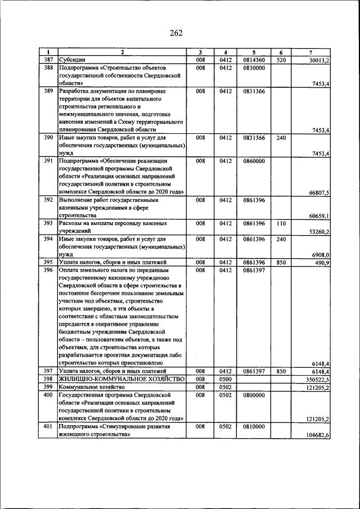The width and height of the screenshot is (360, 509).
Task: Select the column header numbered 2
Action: coord(121,53)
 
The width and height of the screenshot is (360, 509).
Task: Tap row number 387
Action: coord(48,60)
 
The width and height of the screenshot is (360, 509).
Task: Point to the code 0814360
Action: coord(254,60)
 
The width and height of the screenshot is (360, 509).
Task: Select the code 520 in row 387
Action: coord(281,60)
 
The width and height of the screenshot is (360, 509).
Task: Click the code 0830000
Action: coord(254,67)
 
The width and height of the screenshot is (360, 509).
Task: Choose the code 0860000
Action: coord(254,161)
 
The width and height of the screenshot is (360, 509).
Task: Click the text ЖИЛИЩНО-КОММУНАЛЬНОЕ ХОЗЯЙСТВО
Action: coord(121,380)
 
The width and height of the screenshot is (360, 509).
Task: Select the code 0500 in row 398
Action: coord(226,380)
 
